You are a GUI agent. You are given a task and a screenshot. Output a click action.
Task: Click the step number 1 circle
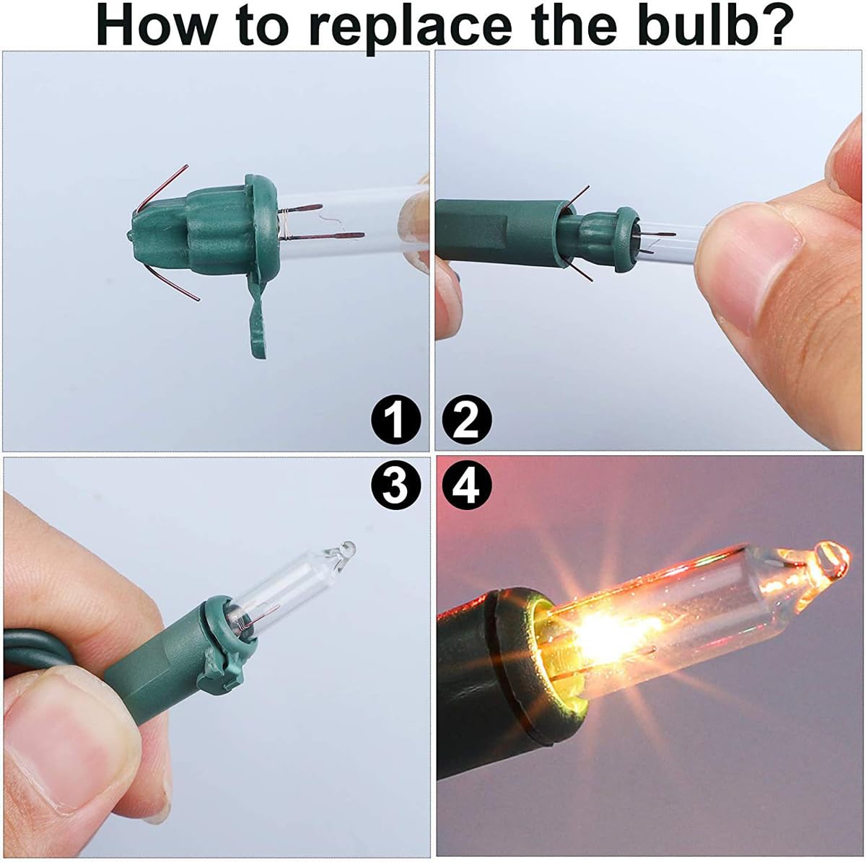coord(395,421)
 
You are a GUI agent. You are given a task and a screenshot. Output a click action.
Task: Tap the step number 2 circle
coord(467,421)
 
